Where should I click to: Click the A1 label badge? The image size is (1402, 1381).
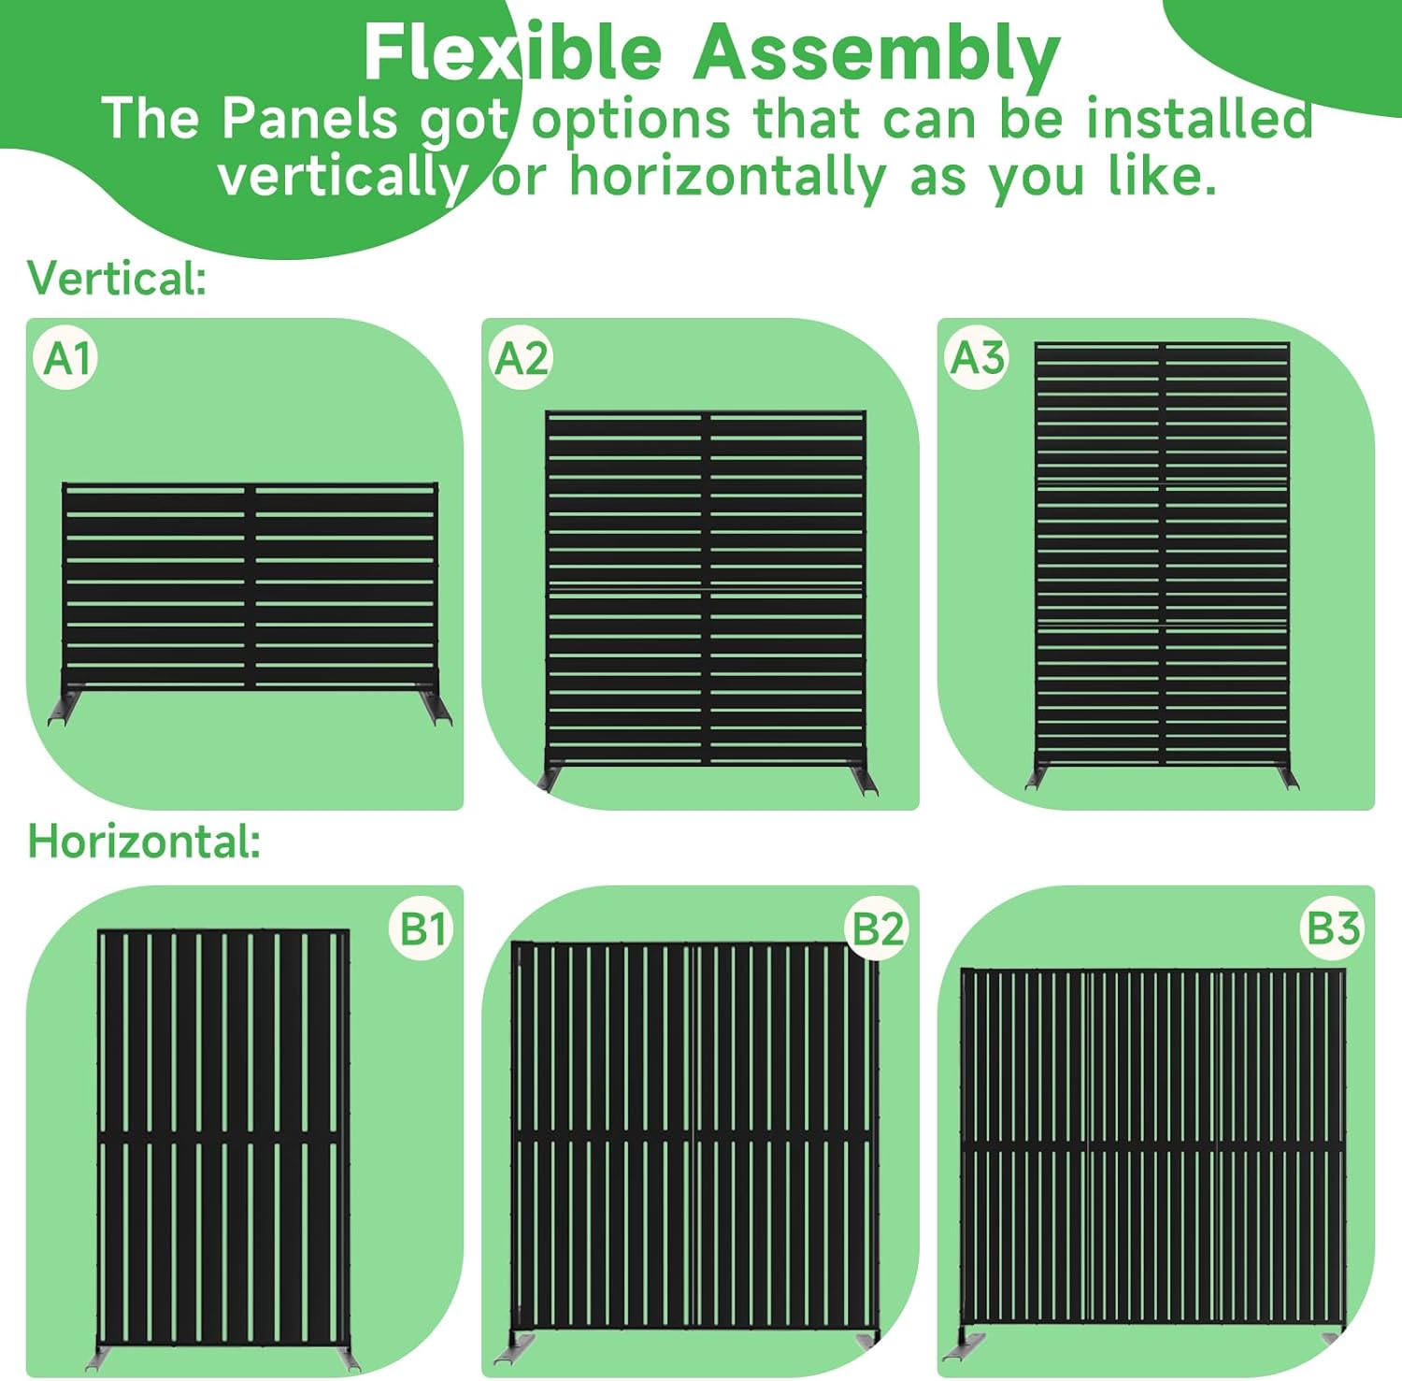click(x=66, y=359)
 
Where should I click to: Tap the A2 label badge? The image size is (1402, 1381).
click(x=522, y=359)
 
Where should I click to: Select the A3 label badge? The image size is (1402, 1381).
click(x=977, y=358)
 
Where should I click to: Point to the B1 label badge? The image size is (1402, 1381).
click(x=422, y=929)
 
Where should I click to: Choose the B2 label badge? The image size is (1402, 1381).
click(x=878, y=929)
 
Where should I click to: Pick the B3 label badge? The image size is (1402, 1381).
click(x=1332, y=928)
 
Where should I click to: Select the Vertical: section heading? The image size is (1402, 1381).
click(x=117, y=279)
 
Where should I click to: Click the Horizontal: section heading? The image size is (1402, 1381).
click(x=144, y=842)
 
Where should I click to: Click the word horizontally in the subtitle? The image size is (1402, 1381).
click(x=728, y=178)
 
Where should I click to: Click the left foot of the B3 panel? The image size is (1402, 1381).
click(x=963, y=1346)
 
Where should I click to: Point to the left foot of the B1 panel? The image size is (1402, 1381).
click(x=101, y=1357)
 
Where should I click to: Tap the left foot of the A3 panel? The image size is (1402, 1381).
click(x=1037, y=777)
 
